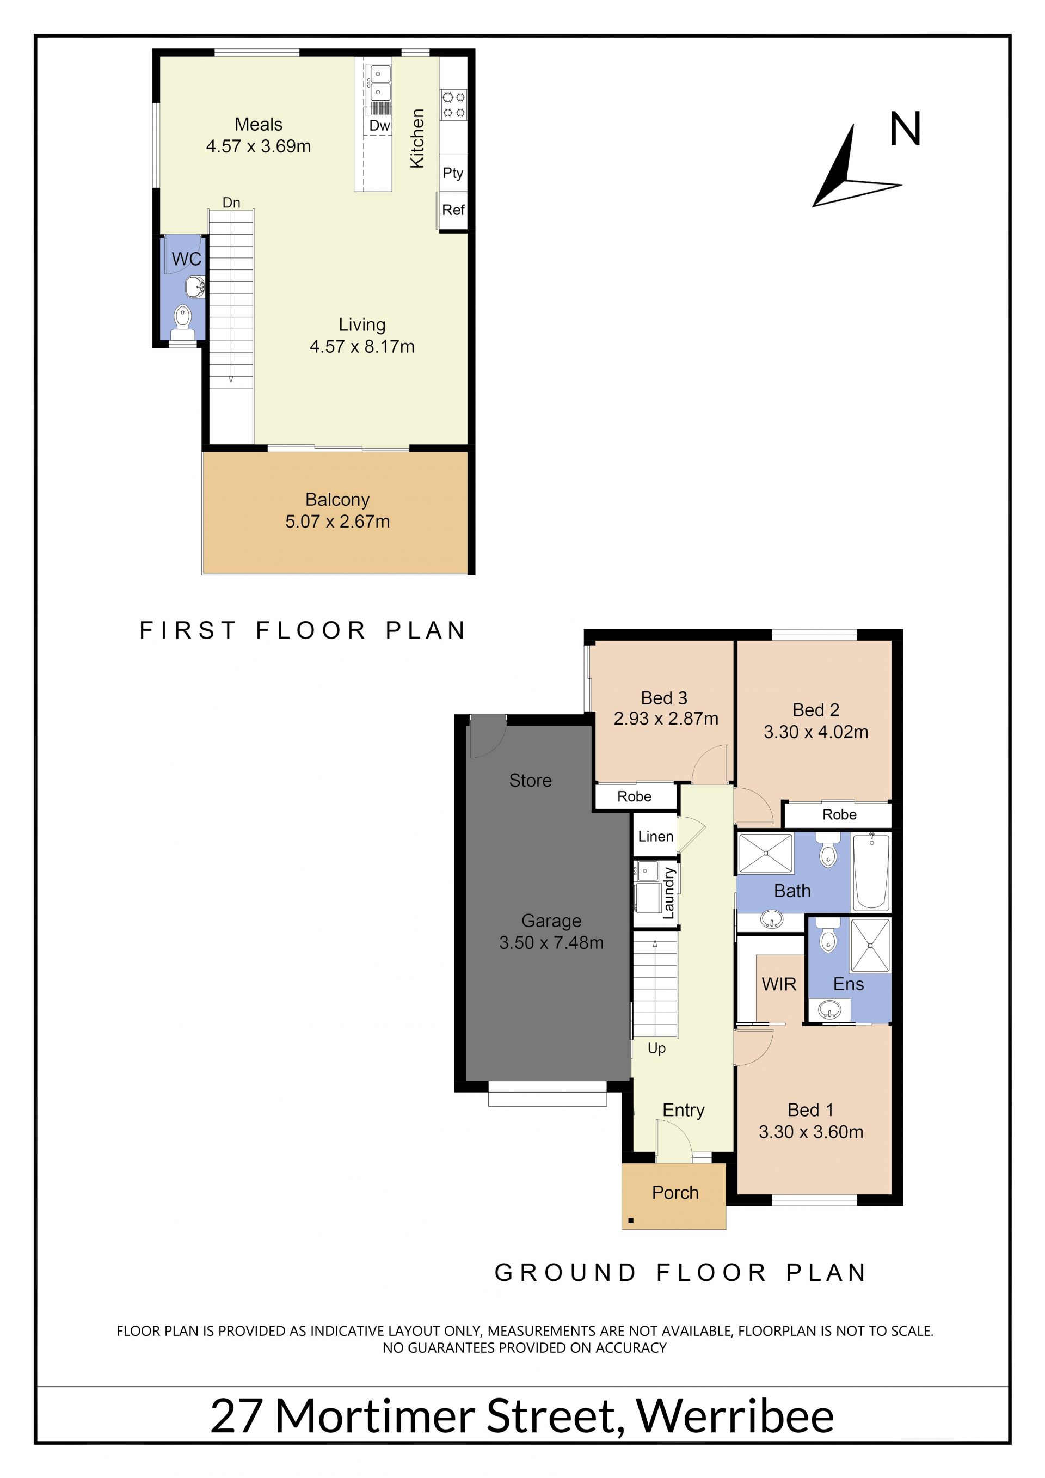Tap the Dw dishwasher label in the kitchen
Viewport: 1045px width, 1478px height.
point(380,126)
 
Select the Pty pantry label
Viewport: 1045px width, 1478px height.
point(453,173)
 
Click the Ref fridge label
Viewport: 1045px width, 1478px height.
point(453,209)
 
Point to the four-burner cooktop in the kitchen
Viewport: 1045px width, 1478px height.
point(453,105)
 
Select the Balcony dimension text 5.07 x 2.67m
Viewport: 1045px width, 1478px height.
point(338,521)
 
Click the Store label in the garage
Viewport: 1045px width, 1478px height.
point(530,780)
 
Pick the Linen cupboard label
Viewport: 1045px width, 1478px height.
point(656,836)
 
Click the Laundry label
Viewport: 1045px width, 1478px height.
point(668,893)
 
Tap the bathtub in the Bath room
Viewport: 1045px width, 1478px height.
point(871,872)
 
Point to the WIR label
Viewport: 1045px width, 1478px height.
point(779,984)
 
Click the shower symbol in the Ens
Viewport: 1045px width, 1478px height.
point(870,945)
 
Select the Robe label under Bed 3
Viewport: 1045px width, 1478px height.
point(635,796)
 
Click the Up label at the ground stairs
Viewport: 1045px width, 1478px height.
point(656,1048)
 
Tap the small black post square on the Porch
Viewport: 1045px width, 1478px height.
point(631,1220)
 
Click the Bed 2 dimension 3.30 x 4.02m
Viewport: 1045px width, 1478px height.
point(816,732)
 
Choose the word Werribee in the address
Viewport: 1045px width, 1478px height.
point(735,1415)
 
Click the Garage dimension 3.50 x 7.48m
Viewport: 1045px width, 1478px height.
point(551,942)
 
